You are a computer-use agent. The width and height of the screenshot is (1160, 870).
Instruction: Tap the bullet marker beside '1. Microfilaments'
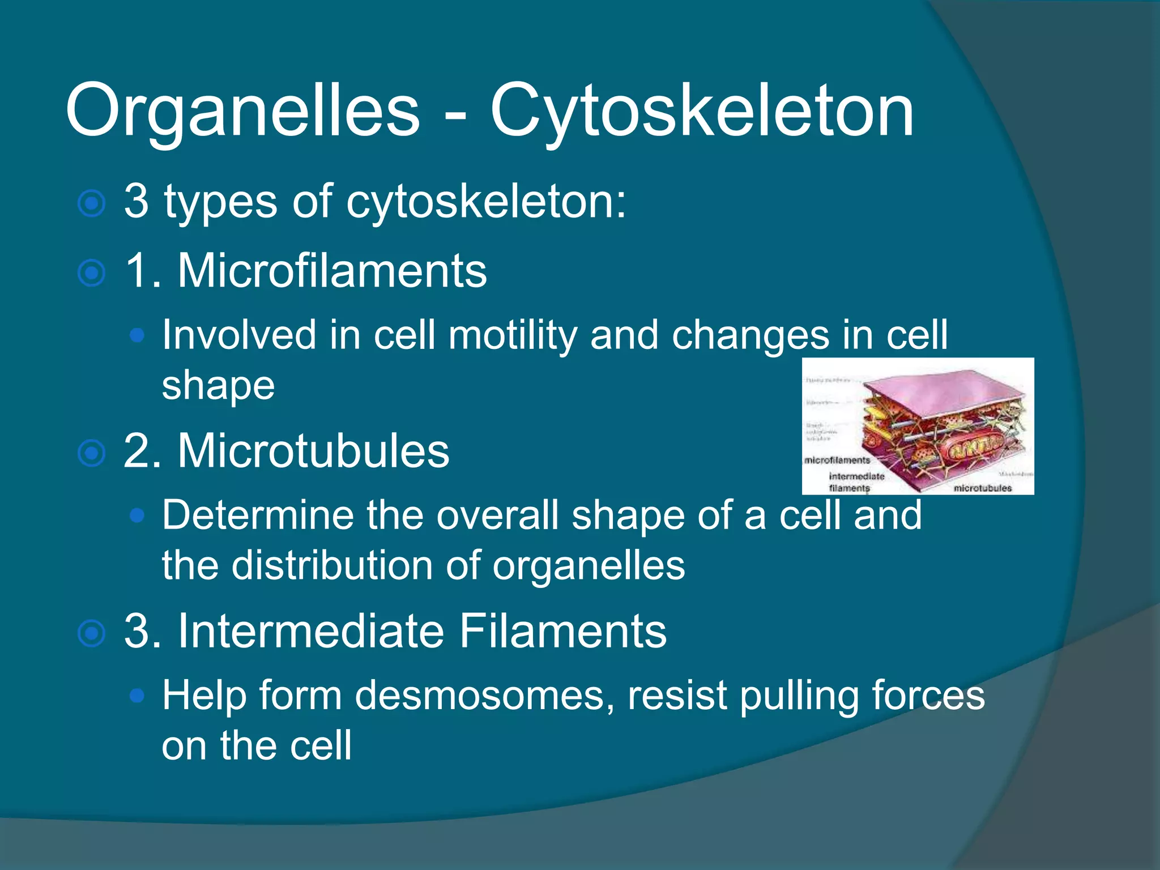[x=91, y=273]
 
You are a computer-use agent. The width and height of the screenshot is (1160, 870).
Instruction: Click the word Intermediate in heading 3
[x=311, y=631]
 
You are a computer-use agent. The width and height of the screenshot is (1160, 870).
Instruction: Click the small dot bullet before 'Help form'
[x=137, y=696]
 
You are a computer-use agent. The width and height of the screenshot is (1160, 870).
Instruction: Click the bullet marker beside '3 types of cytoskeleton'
[x=91, y=203]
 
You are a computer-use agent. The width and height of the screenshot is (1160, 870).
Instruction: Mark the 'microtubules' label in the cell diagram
[x=983, y=488]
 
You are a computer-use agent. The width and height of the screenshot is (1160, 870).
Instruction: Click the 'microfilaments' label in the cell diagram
[x=837, y=460]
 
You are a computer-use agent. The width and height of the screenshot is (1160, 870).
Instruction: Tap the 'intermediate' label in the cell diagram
[x=856, y=476]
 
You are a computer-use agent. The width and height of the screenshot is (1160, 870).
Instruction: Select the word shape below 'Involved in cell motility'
[x=218, y=386]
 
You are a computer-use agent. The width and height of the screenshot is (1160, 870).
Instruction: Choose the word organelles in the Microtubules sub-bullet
[x=588, y=565]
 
